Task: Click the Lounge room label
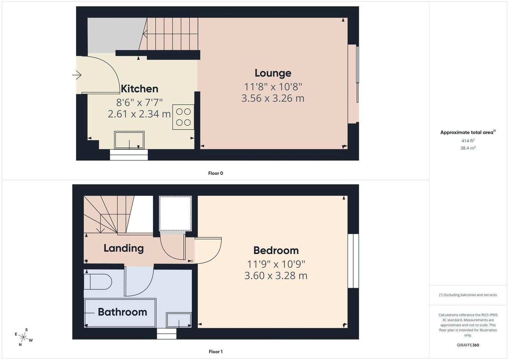[273, 73]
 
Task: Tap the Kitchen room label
[139, 89]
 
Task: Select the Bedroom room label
[276, 251]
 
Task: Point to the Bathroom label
[122, 312]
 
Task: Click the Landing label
[124, 248]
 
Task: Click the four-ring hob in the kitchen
[183, 117]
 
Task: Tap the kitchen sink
[129, 140]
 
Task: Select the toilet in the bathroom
[98, 282]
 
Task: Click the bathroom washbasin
[179, 320]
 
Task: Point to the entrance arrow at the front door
[77, 75]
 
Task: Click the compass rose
[24, 337]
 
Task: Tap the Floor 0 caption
[216, 173]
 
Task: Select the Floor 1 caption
[216, 352]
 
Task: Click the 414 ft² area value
[468, 141]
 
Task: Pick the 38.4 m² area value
[468, 148]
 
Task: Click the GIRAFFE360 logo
[468, 345]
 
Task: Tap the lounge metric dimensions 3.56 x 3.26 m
[273, 98]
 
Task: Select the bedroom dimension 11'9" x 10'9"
[276, 264]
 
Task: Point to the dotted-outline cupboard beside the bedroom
[175, 213]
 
